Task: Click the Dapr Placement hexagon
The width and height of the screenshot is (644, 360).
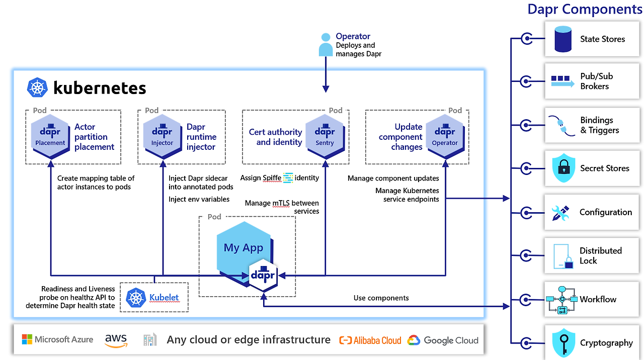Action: point(50,136)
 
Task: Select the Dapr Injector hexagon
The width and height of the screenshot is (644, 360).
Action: point(163,136)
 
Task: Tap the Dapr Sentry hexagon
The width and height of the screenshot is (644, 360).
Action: point(325,136)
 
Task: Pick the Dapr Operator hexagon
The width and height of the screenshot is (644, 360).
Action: point(445,136)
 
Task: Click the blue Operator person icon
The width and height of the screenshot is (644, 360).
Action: point(326,45)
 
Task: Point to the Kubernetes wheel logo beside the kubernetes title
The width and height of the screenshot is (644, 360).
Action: point(37,87)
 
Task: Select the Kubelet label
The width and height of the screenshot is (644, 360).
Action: point(164,297)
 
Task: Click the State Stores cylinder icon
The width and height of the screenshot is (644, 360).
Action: point(563,39)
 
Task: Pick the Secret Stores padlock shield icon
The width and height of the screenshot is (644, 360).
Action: point(563,168)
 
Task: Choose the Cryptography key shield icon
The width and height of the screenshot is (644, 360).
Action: point(564,343)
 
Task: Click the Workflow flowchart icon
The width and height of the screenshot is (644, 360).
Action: point(562,300)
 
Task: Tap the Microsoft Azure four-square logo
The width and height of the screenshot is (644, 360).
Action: point(27,339)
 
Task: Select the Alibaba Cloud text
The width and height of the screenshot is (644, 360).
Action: point(377,340)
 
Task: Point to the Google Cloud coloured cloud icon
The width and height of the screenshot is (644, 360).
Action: point(414,340)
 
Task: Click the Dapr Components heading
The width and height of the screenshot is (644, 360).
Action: point(585,9)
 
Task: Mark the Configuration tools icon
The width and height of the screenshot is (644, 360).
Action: point(560,213)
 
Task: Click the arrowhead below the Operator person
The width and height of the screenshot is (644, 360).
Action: point(326,89)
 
